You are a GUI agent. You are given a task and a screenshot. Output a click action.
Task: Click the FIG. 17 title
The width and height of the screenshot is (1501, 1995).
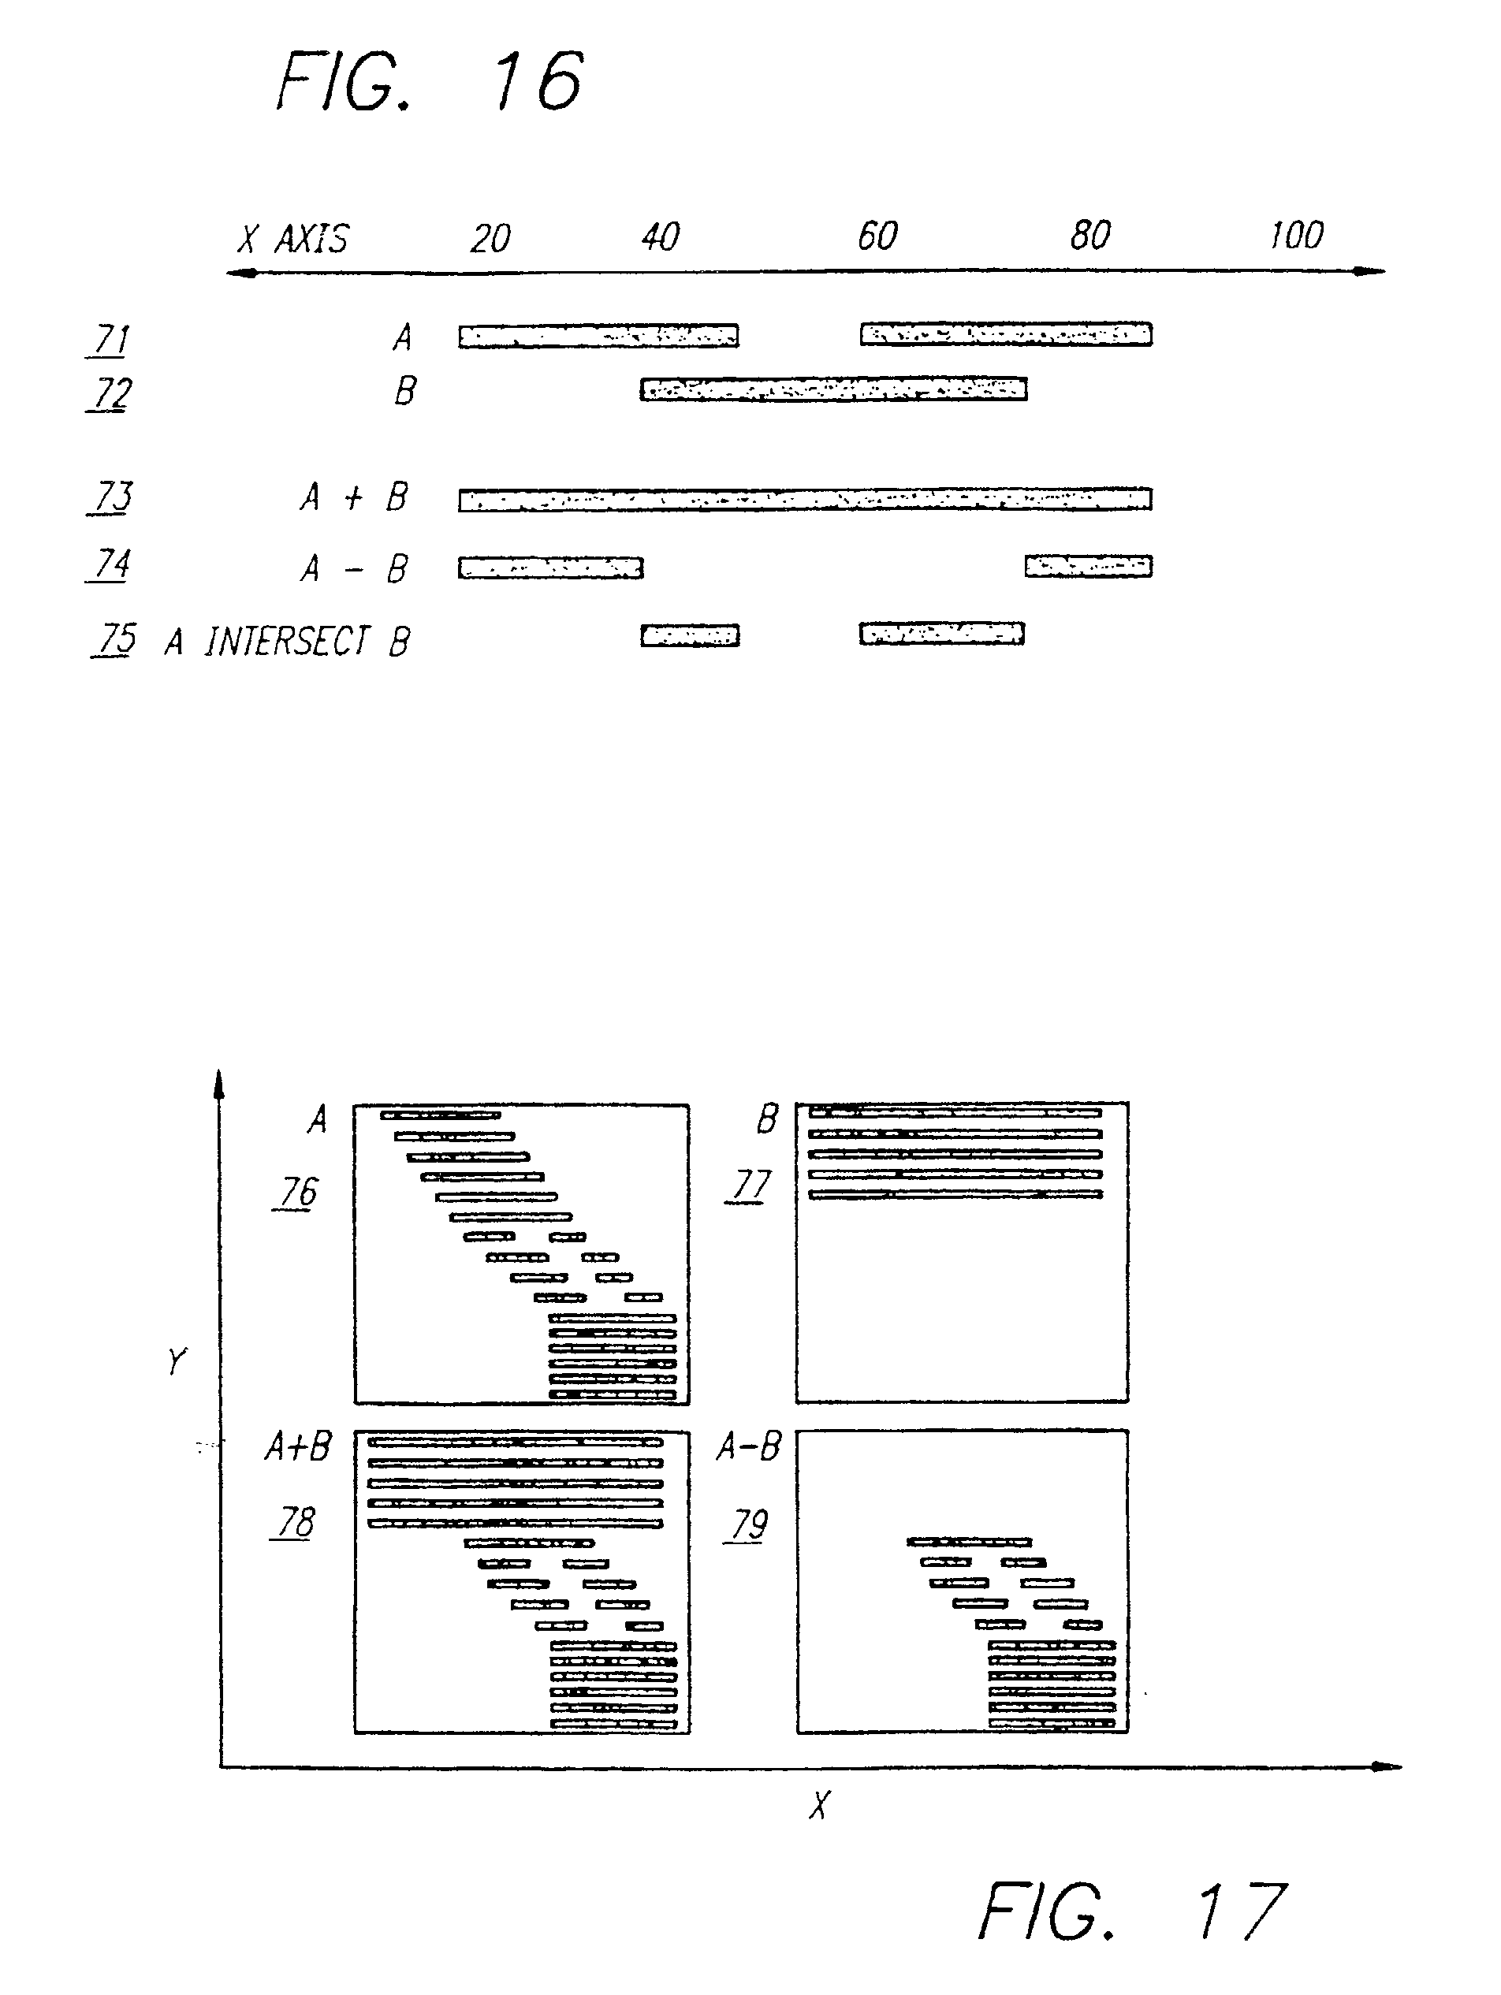click(1133, 1910)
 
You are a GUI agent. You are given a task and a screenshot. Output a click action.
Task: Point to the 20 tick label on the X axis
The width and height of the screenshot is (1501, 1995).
click(490, 239)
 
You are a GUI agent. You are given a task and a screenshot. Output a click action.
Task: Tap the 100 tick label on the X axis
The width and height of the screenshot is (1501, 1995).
click(1296, 236)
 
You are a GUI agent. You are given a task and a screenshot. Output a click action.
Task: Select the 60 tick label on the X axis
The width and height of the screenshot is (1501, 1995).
click(877, 236)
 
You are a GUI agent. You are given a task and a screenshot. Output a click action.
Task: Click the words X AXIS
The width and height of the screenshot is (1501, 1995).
click(293, 239)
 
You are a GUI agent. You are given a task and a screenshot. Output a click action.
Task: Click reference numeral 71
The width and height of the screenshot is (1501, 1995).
click(111, 340)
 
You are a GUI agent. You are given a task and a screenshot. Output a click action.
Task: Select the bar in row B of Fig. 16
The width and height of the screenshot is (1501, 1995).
click(833, 389)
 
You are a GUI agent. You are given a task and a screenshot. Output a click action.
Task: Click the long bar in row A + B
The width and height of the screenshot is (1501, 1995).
click(805, 499)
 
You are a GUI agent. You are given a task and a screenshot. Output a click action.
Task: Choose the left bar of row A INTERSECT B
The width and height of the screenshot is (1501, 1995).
click(690, 636)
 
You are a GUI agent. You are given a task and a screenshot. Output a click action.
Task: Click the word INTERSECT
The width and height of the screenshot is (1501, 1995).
click(287, 642)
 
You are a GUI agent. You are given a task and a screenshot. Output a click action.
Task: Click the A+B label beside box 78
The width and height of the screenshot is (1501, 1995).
click(298, 1446)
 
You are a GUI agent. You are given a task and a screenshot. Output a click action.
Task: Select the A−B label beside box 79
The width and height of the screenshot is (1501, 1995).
click(749, 1446)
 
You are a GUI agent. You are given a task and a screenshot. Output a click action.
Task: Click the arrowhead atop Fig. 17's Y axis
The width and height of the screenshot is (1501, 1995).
click(218, 1082)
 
